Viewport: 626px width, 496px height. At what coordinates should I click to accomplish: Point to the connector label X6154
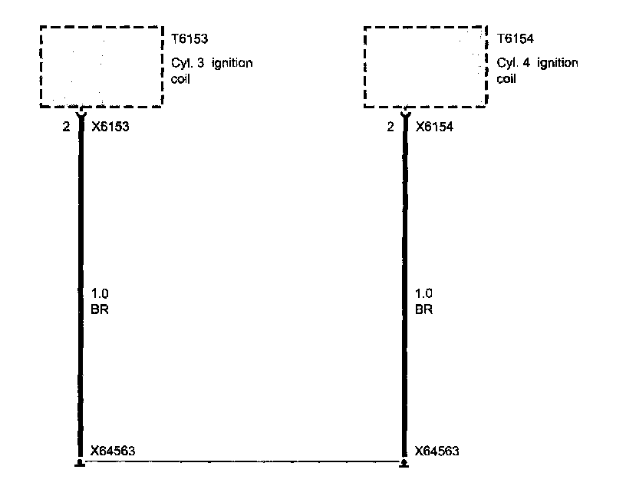click(433, 127)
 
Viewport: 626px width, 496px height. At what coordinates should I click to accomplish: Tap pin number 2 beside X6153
click(67, 127)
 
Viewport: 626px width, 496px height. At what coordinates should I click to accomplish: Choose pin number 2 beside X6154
click(390, 127)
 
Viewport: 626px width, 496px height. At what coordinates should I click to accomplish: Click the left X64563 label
click(113, 451)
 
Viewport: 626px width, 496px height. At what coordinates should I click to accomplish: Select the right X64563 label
click(437, 451)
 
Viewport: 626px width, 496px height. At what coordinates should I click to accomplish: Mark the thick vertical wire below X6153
click(79, 230)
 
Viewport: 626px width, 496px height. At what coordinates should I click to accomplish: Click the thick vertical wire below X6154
click(404, 230)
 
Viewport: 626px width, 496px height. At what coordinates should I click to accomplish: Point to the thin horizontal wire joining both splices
click(241, 462)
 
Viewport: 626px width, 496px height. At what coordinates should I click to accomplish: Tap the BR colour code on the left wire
click(98, 310)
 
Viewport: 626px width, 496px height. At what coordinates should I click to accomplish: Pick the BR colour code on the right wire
click(423, 310)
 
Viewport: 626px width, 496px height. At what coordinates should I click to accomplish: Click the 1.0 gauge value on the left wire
click(99, 294)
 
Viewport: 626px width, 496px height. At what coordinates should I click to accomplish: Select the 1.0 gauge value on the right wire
click(423, 294)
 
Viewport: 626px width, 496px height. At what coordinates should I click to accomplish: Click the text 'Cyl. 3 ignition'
click(212, 63)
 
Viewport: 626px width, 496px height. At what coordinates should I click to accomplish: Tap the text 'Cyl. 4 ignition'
click(537, 63)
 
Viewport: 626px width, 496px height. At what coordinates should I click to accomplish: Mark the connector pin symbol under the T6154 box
click(404, 112)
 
